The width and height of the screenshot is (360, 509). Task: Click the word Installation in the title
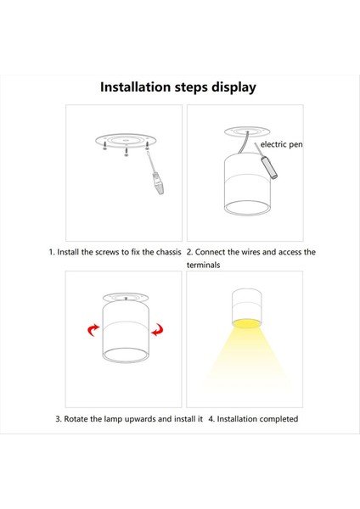pos(135,87)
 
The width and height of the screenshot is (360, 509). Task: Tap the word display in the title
pos(233,88)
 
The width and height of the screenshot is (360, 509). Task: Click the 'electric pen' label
pos(281,144)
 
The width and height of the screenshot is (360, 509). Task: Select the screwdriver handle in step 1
pos(159,184)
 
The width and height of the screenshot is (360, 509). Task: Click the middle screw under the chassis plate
pos(126,151)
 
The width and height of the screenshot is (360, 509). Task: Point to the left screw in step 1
pos(104,145)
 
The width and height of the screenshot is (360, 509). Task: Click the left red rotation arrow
pos(93,330)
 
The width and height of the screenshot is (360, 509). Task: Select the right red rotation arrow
pos(158,329)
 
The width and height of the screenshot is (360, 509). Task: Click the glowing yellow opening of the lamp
pos(246,323)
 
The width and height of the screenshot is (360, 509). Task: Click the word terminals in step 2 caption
pos(204,266)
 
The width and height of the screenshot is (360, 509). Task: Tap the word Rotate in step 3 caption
pos(76,419)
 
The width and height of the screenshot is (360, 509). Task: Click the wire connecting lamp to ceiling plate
pos(244,143)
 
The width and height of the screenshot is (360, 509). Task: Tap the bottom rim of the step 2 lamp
pos(247,215)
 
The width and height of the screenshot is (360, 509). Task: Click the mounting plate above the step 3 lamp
pos(126,297)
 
